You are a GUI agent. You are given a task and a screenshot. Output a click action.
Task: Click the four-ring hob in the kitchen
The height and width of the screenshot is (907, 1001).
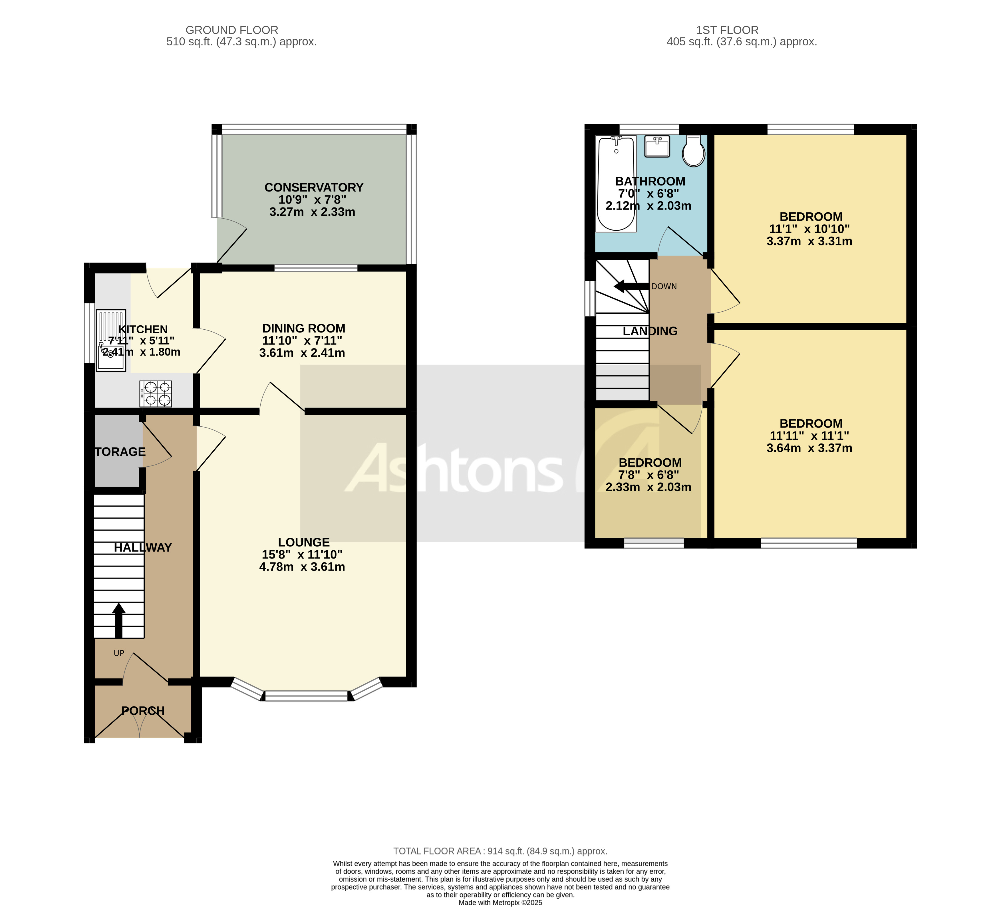156,394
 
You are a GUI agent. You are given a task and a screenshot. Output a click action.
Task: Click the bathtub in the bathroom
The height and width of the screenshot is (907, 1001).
616,184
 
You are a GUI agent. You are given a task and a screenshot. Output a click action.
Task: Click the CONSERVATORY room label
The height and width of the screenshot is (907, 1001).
314,188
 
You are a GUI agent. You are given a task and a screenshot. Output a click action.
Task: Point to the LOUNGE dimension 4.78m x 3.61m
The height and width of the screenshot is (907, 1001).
302,567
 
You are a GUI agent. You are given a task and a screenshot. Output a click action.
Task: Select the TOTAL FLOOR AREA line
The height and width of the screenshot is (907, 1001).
500,851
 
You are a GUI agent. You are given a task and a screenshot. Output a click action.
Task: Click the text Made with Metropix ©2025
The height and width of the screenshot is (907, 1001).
500,902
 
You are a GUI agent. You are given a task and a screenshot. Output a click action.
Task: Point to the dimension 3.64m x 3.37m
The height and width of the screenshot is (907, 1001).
809,448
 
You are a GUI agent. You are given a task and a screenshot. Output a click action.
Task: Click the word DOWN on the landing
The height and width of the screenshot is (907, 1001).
664,287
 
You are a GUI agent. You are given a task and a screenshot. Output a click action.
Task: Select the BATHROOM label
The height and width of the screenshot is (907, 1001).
650,182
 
